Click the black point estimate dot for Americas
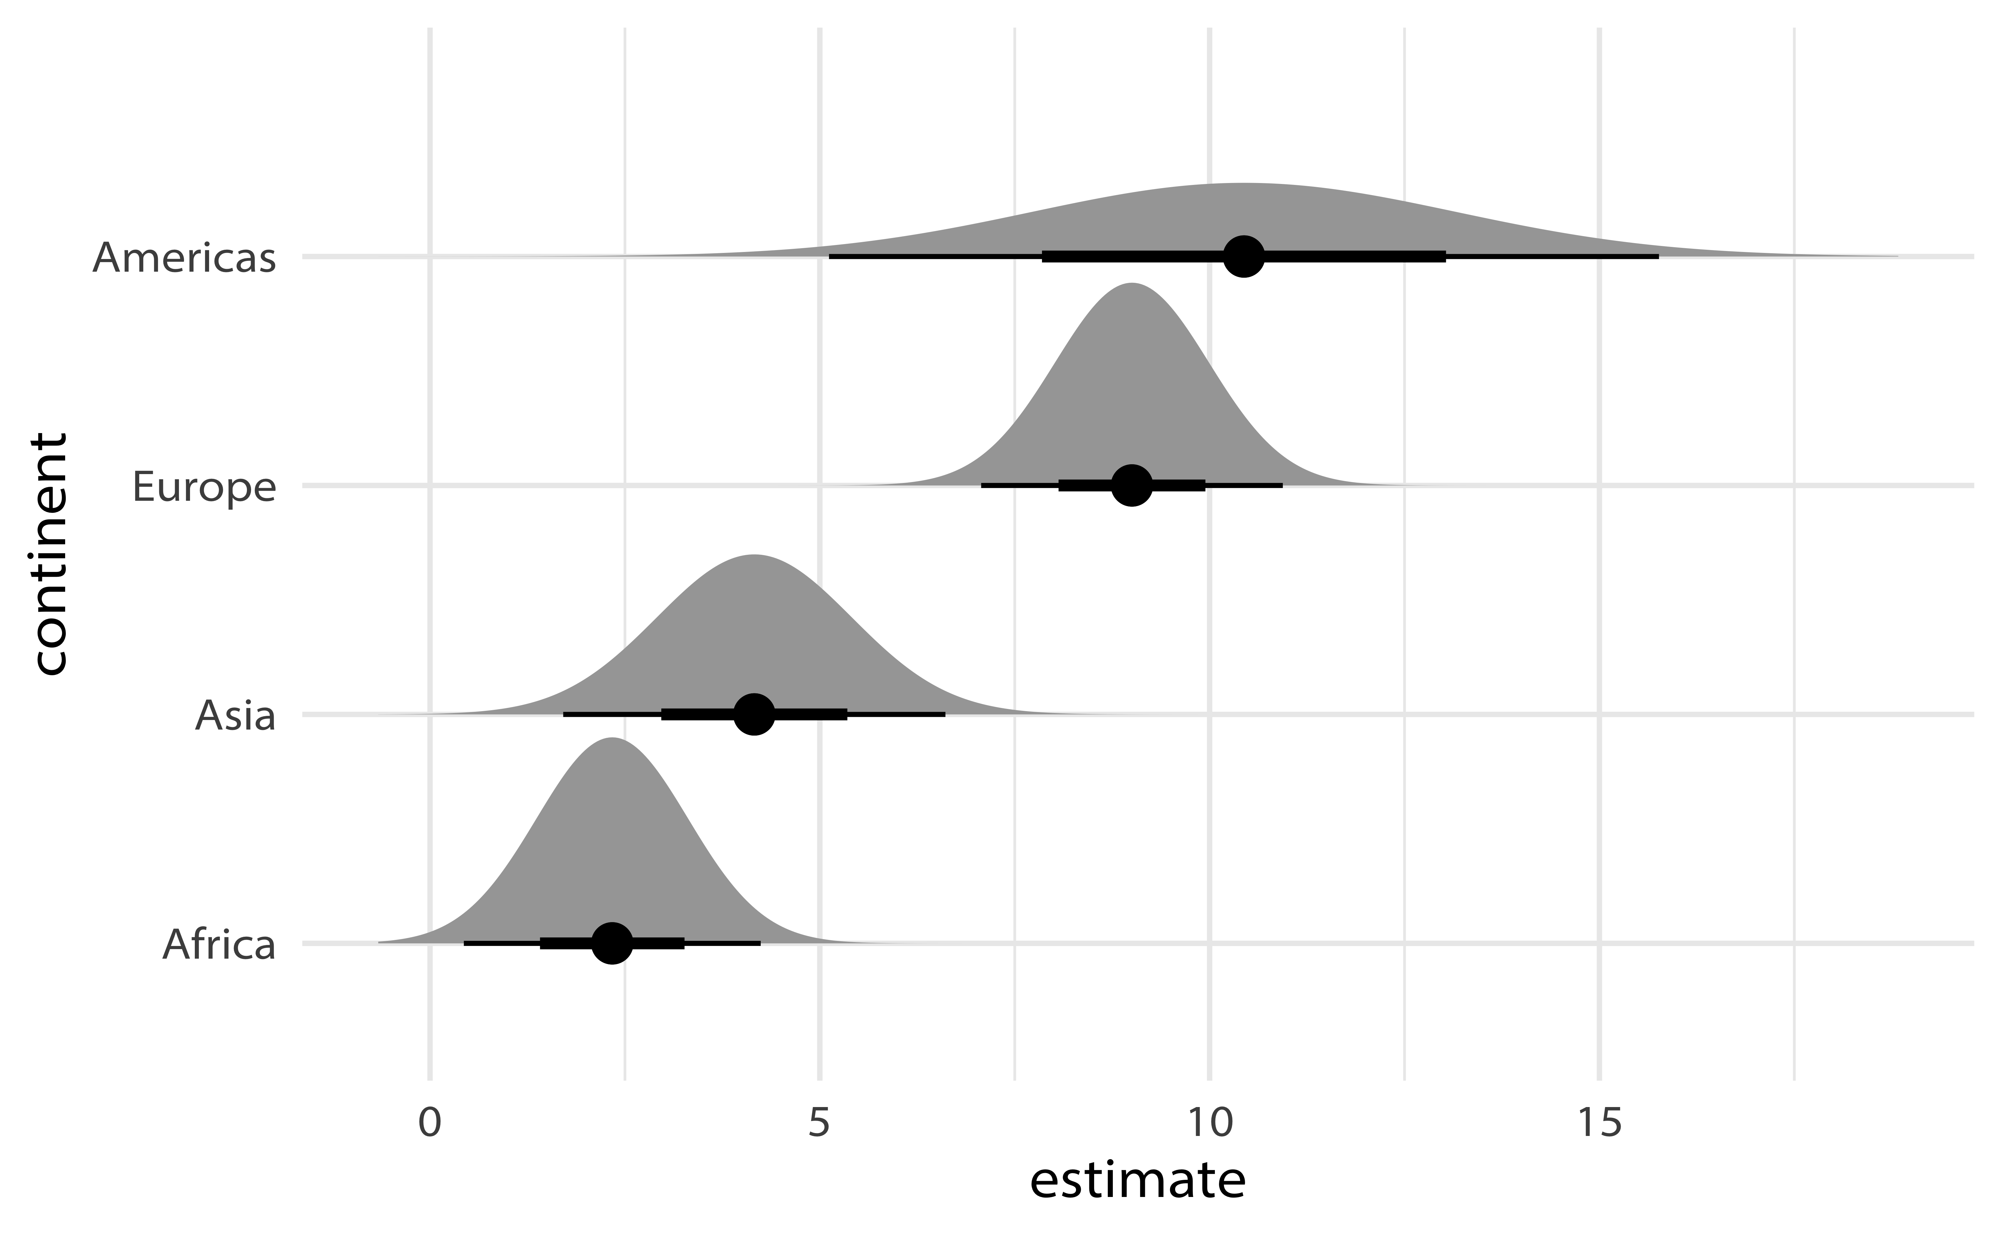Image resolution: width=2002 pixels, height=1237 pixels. [x=1243, y=257]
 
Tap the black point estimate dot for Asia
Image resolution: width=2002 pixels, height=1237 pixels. [x=754, y=714]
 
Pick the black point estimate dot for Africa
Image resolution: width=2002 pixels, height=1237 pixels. [x=612, y=943]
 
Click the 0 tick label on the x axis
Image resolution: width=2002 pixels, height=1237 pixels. [x=430, y=1124]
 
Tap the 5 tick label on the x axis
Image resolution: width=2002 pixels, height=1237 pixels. [x=819, y=1124]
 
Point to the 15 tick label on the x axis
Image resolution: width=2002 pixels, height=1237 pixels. [x=1599, y=1124]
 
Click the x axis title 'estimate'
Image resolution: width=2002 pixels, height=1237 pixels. [x=1137, y=1182]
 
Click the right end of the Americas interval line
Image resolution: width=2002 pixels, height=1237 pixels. [x=1658, y=257]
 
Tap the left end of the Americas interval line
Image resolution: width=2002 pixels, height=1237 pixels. [x=830, y=257]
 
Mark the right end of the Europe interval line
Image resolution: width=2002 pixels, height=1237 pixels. [x=1281, y=486]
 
